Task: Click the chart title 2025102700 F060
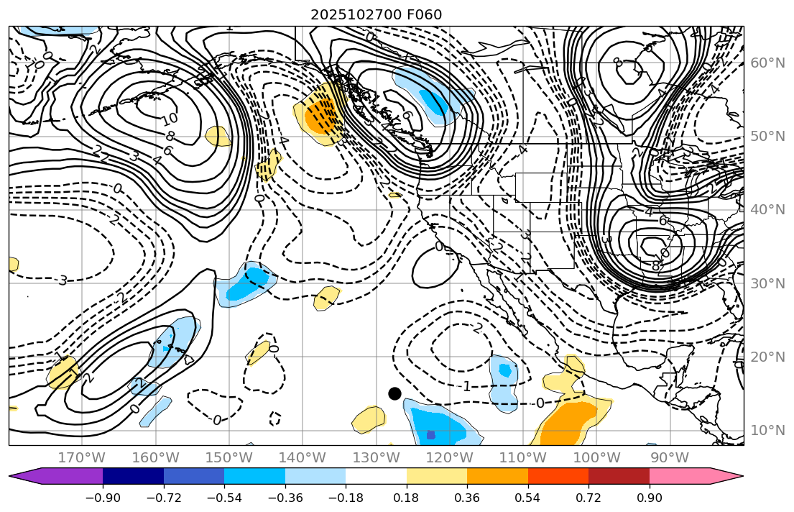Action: point(376,14)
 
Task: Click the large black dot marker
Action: point(394,393)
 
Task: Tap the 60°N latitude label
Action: point(767,63)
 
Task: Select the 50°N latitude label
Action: point(767,136)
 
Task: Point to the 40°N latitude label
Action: point(767,209)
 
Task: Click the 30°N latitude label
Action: point(767,283)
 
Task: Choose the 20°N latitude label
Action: point(767,357)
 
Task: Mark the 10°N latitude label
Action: point(767,430)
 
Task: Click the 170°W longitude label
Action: point(81,457)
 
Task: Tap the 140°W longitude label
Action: point(302,457)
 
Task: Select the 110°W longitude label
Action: point(522,457)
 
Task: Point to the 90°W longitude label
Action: point(669,457)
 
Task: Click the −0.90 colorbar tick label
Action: point(103,499)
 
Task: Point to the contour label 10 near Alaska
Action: point(170,117)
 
